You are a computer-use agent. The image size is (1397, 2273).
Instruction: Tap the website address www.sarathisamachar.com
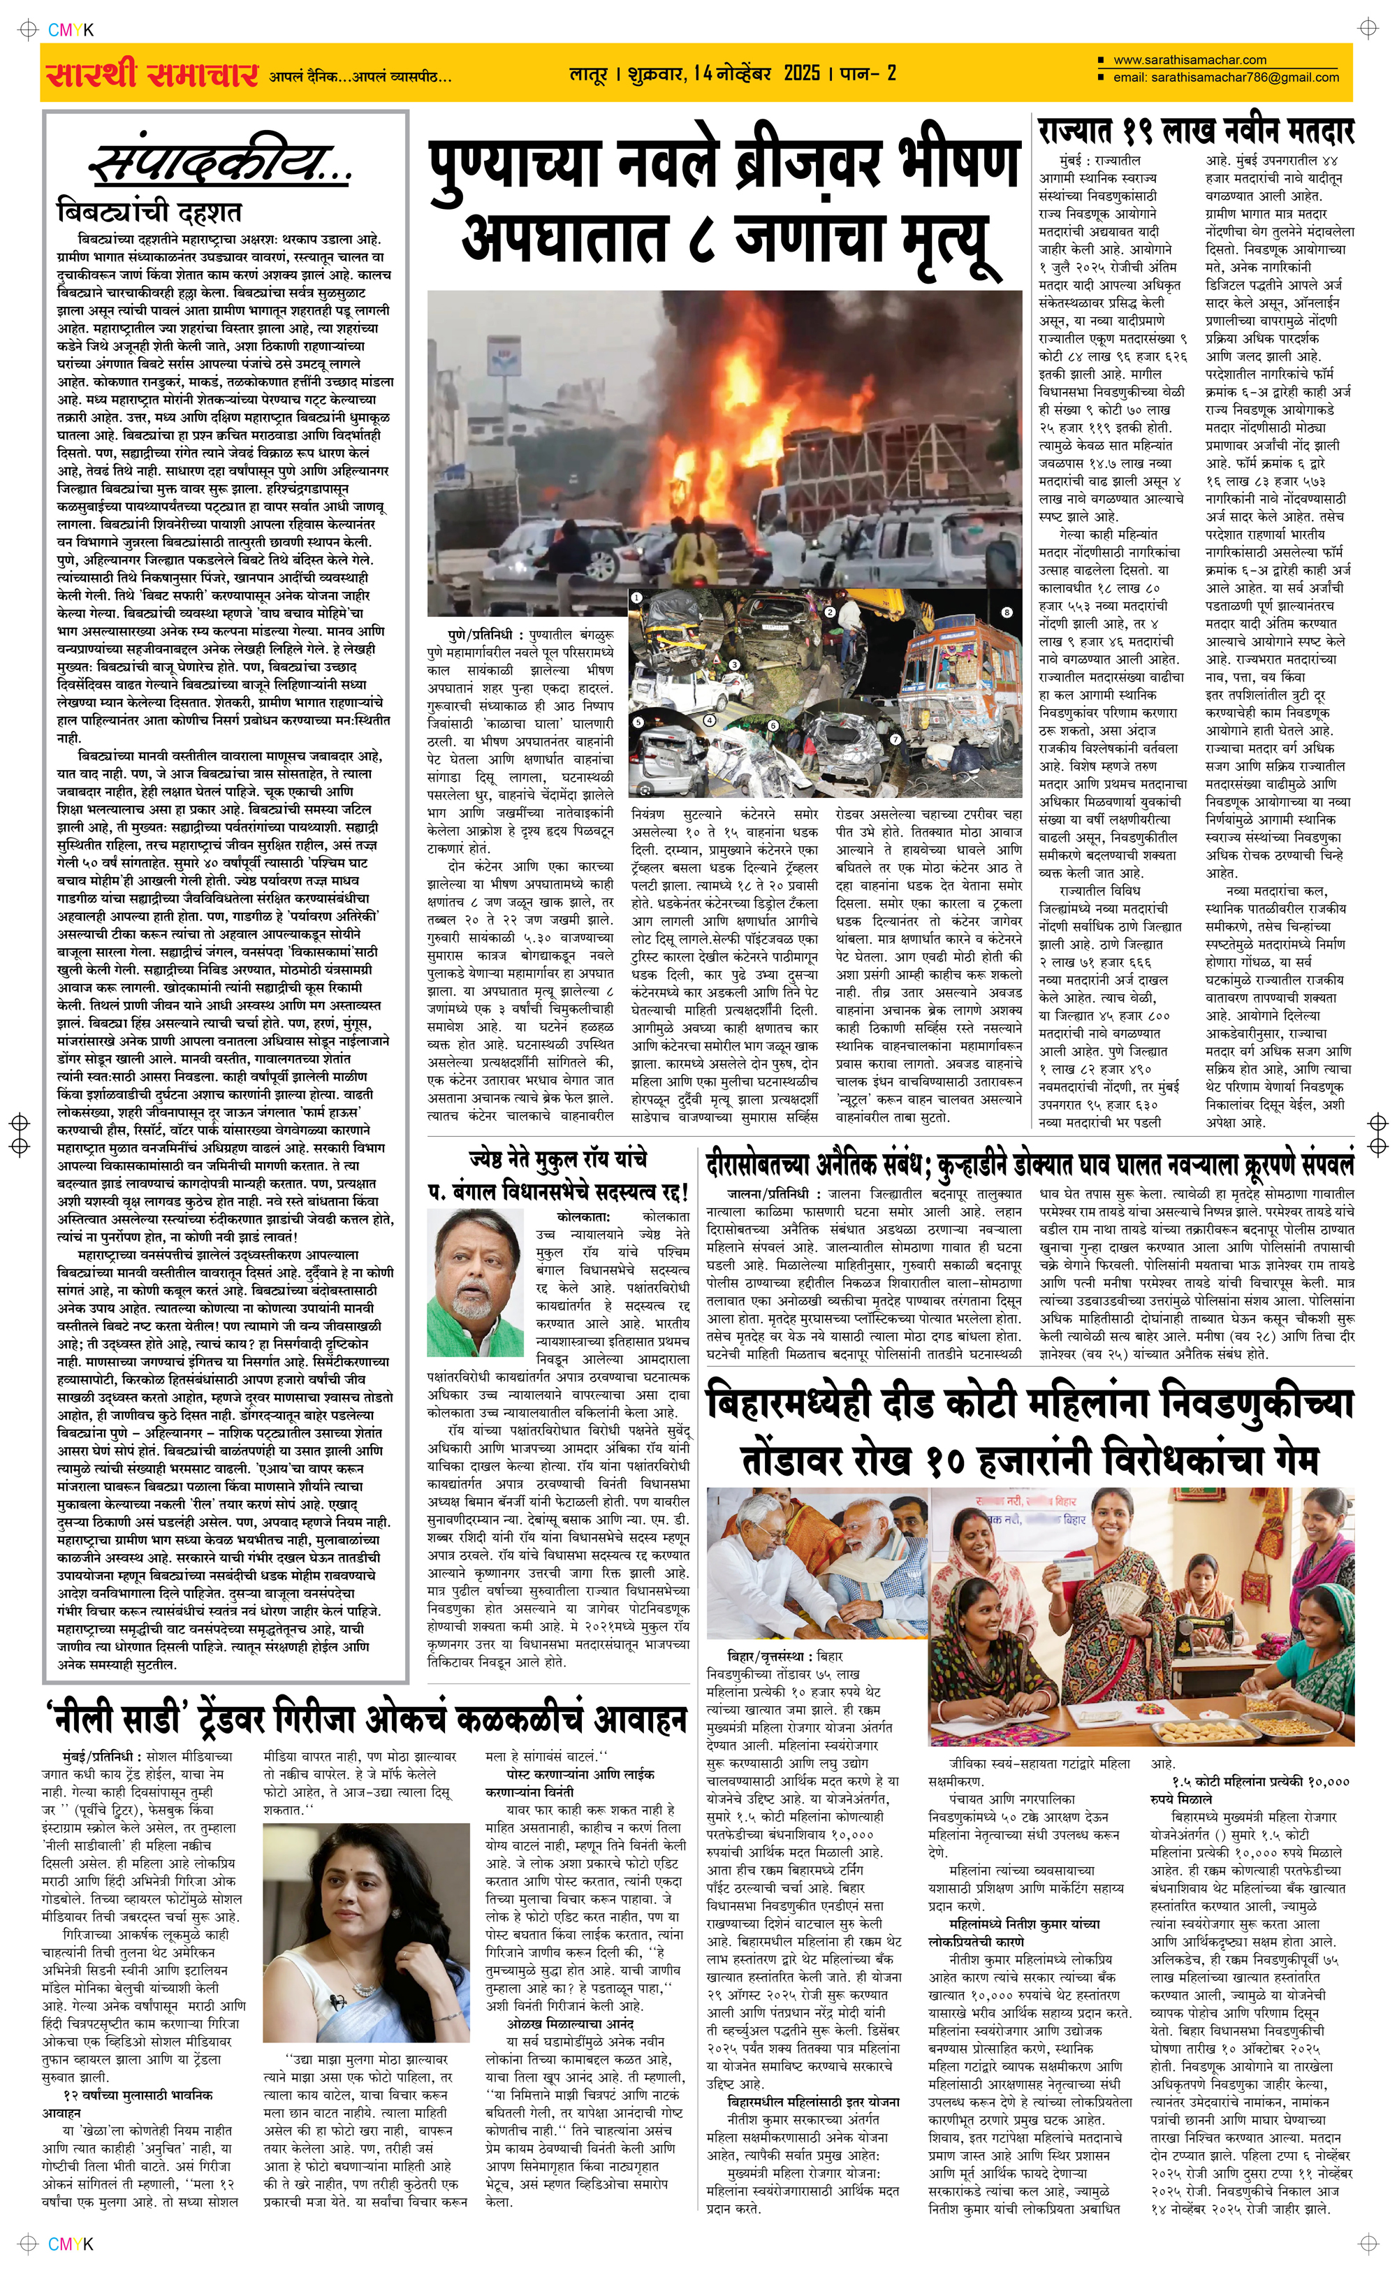(1190, 60)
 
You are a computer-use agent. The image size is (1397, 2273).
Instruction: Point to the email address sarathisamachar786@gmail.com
(1245, 78)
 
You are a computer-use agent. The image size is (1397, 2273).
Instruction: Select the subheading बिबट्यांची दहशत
(149, 212)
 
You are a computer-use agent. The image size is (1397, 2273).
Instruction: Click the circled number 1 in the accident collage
(636, 598)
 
